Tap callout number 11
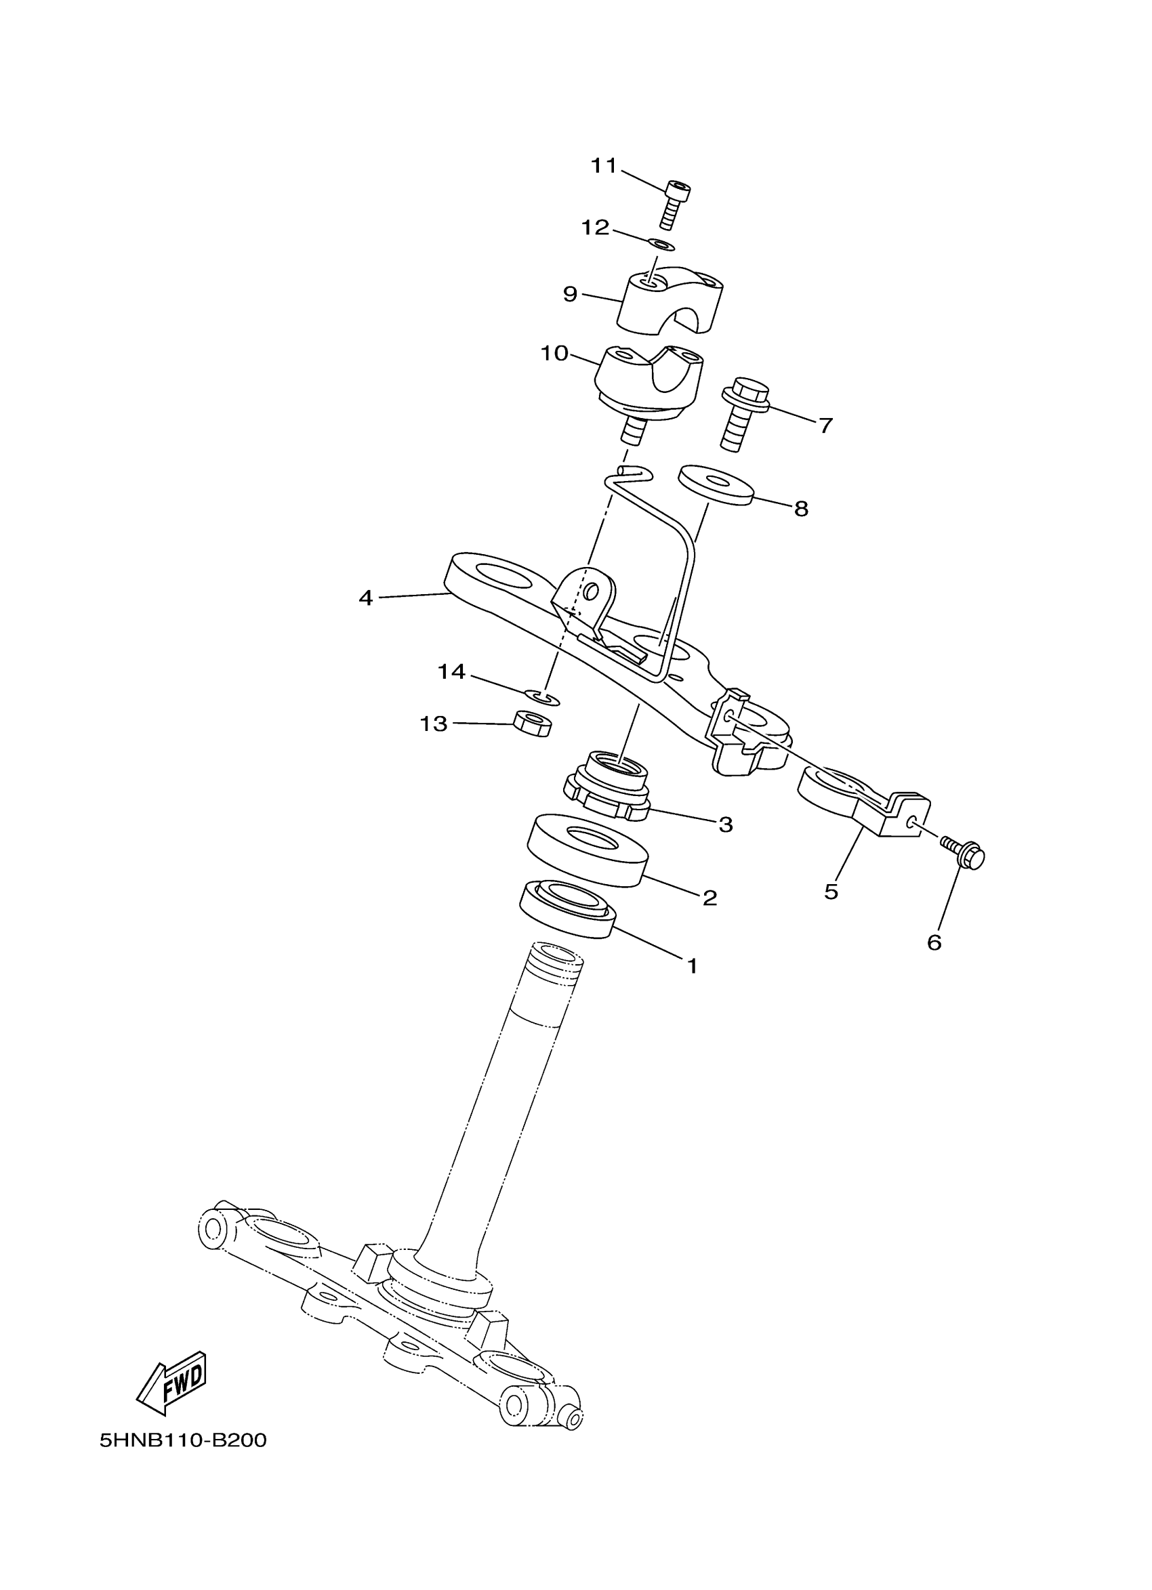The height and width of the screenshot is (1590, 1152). (603, 166)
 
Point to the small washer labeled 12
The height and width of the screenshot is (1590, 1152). (661, 245)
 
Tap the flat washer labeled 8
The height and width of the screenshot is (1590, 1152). (715, 484)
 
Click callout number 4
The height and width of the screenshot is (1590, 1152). (365, 598)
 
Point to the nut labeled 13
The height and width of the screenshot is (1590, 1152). (531, 723)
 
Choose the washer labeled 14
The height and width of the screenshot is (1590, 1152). (542, 697)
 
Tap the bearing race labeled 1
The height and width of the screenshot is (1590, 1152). (567, 909)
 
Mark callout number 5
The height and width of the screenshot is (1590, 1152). (831, 892)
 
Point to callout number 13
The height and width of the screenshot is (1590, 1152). (433, 723)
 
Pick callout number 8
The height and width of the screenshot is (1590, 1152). (801, 508)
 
